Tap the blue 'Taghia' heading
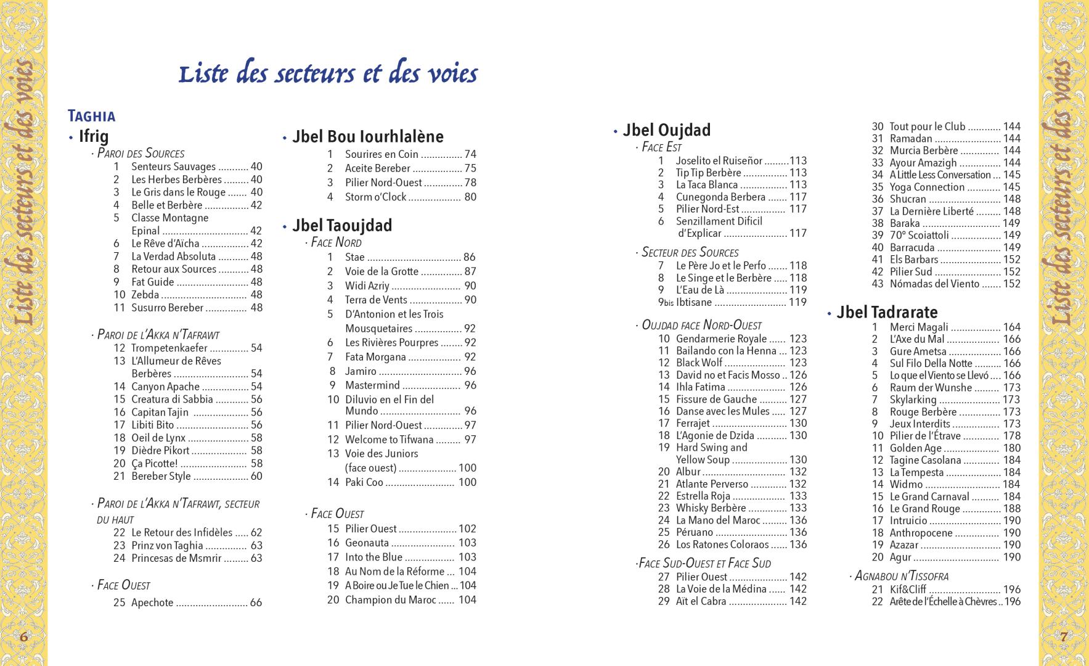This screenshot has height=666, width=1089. (92, 116)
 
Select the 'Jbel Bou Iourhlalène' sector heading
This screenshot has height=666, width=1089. (367, 136)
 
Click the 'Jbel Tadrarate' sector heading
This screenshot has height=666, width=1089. (887, 312)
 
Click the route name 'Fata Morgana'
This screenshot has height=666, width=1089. (375, 357)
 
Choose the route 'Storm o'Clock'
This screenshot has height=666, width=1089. (375, 197)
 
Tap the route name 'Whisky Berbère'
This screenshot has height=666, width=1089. (711, 508)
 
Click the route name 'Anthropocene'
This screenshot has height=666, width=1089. (921, 533)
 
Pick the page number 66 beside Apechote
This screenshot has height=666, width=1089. (256, 603)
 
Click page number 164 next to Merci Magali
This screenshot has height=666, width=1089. (1011, 327)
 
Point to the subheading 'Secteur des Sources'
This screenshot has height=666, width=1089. (690, 252)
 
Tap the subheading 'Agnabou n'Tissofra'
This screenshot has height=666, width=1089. (901, 576)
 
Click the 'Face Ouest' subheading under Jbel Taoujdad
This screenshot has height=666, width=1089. (337, 514)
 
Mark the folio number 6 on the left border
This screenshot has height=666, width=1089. (23, 636)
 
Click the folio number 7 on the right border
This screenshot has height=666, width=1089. (1064, 636)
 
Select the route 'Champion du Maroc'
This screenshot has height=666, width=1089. (390, 600)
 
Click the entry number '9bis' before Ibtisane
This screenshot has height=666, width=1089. (666, 302)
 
